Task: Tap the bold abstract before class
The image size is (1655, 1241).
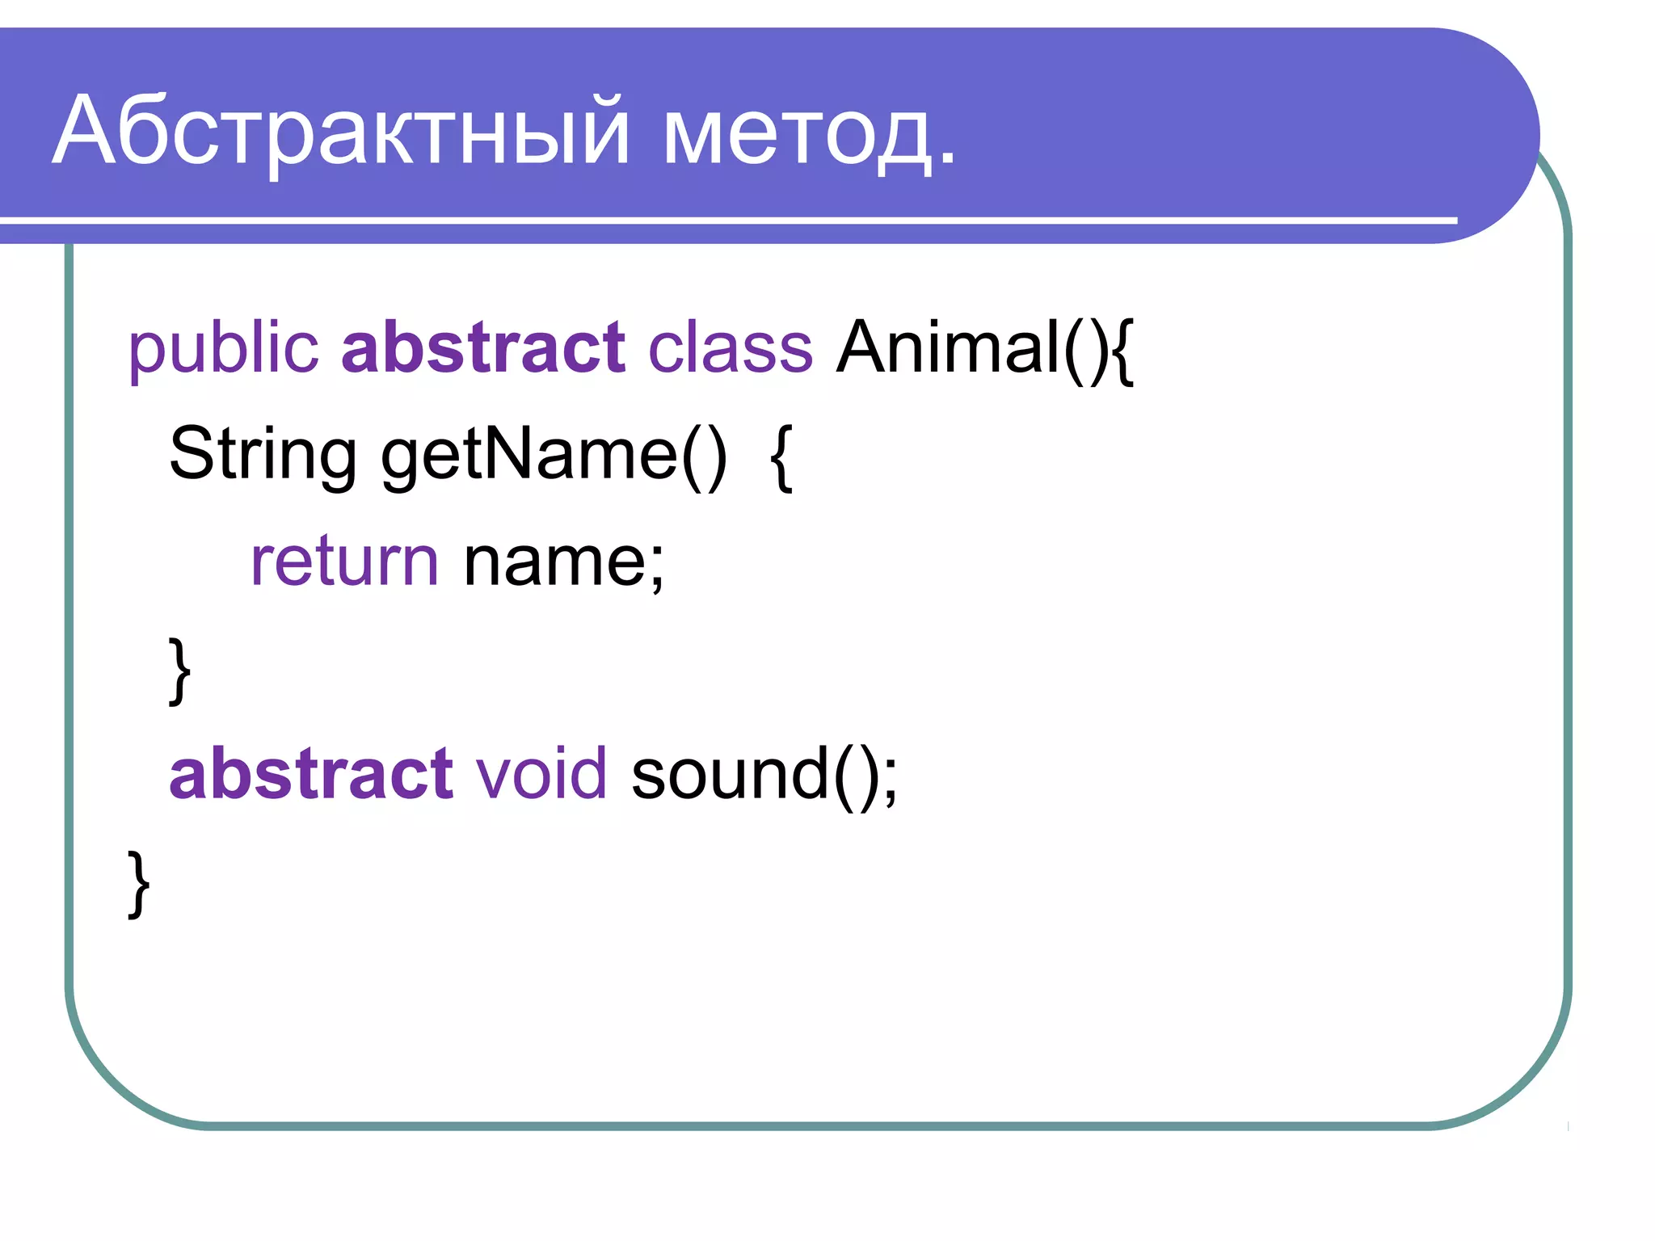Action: pos(482,347)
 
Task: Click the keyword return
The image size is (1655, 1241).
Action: pos(344,562)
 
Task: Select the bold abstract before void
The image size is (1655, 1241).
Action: pos(310,774)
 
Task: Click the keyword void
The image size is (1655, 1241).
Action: pos(541,774)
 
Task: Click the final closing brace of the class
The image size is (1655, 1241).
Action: pos(139,883)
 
